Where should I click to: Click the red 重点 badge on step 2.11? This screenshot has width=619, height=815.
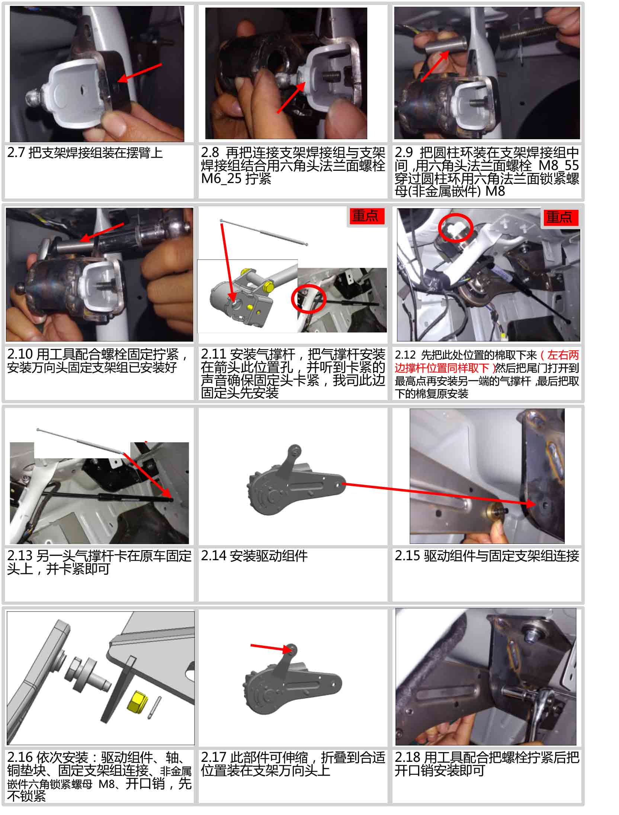pyautogui.click(x=366, y=216)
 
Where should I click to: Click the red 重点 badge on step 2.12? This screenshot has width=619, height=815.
pyautogui.click(x=559, y=217)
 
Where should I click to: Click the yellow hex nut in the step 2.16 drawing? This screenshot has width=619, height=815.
pyautogui.click(x=137, y=702)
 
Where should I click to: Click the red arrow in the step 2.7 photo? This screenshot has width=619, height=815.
pyautogui.click(x=139, y=73)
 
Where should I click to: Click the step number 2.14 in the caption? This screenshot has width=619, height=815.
pyautogui.click(x=214, y=556)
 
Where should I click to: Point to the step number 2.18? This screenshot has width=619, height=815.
pyautogui.click(x=407, y=757)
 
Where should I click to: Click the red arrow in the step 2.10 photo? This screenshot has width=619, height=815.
pyautogui.click(x=102, y=232)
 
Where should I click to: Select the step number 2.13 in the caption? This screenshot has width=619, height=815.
pyautogui.click(x=20, y=556)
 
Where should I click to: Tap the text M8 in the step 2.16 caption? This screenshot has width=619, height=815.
pyautogui.click(x=107, y=784)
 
